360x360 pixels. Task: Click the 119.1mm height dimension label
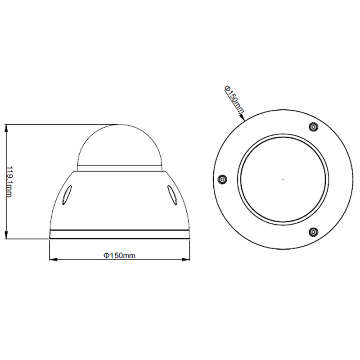point(9,182)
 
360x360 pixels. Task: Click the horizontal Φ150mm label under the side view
point(119,255)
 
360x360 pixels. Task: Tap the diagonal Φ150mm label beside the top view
point(234,99)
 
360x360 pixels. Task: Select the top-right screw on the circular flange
point(313,127)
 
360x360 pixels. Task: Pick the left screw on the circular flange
point(222,179)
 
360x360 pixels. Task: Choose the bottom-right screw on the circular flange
point(313,232)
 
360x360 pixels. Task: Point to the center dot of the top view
point(283,179)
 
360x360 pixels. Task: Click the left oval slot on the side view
point(66,195)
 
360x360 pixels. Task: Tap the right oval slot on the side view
point(172,195)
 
